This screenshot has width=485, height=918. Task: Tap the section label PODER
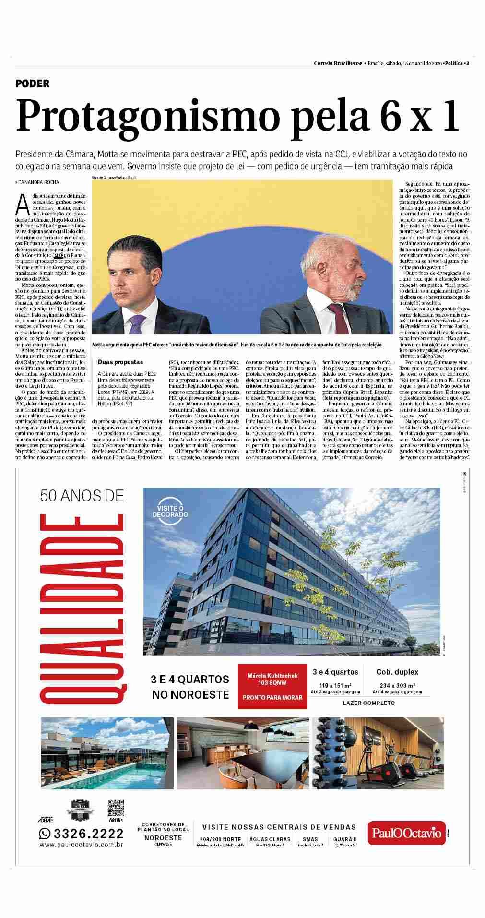32,83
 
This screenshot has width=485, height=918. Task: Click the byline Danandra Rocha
38,182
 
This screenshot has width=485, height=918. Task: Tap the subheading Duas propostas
120,362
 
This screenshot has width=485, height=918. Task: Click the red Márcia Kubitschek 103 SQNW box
272,686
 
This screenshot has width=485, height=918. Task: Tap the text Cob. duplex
397,672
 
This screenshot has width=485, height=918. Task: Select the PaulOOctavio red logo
406,833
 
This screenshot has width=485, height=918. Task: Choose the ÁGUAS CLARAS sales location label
270,839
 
